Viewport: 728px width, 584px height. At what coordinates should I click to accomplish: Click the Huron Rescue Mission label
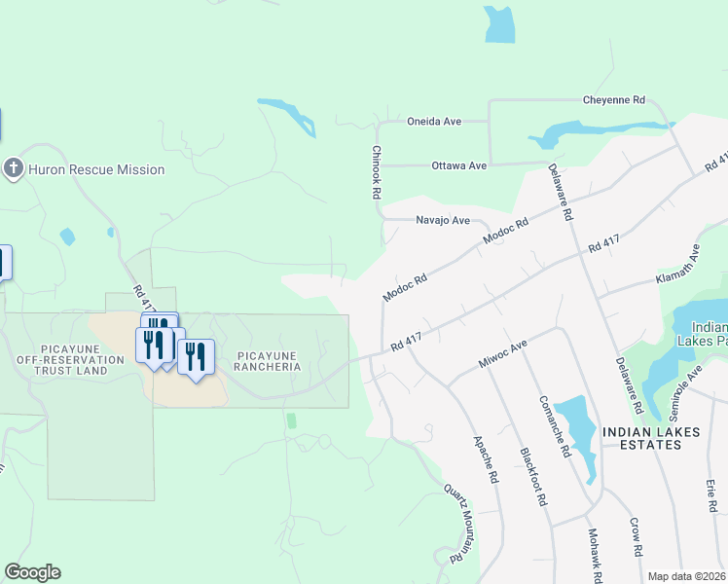click(96, 169)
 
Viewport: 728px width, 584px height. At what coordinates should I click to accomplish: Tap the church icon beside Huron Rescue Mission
click(15, 169)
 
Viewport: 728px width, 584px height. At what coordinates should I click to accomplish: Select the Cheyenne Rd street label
click(613, 100)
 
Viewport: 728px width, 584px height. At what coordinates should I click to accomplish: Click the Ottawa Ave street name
click(458, 166)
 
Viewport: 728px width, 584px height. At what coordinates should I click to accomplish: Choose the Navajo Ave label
click(443, 221)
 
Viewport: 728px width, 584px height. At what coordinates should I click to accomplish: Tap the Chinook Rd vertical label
click(376, 173)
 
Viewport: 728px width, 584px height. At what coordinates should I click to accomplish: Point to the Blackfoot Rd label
click(530, 476)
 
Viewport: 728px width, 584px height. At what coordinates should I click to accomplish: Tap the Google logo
click(32, 572)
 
